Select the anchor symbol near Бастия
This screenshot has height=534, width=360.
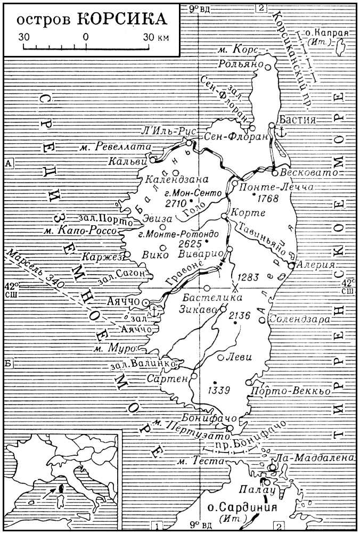[x=283, y=132]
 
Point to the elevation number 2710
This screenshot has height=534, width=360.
[x=160, y=203]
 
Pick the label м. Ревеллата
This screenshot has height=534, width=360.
[x=110, y=146]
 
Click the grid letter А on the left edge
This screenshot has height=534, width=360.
[x=9, y=163]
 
